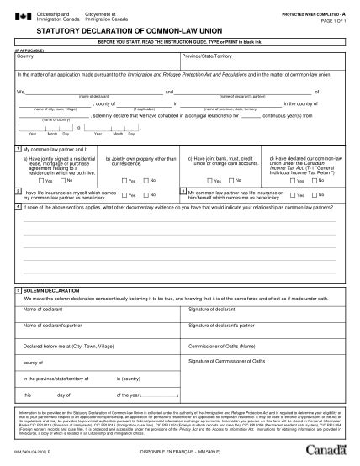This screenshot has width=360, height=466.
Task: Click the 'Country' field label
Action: pyautogui.click(x=25, y=56)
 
